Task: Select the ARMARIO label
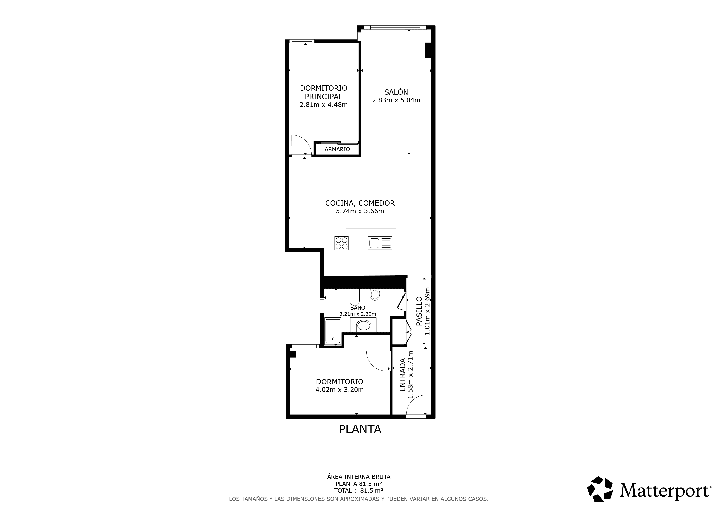click(x=337, y=149)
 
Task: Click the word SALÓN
click(x=396, y=92)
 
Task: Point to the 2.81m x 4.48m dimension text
click(x=323, y=105)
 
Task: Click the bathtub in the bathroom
click(x=333, y=331)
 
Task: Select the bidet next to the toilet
click(x=375, y=294)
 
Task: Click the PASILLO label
click(x=419, y=311)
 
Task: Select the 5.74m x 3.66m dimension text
click(x=360, y=211)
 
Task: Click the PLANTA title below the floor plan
click(x=360, y=429)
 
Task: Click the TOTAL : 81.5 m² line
click(x=359, y=491)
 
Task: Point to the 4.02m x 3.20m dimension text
click(x=340, y=390)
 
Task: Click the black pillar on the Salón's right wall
click(x=428, y=50)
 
